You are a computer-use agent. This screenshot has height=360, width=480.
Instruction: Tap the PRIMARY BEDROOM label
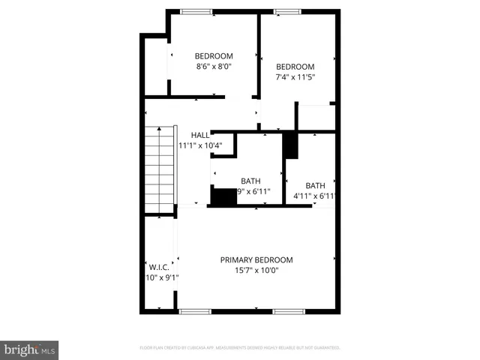coord(256,260)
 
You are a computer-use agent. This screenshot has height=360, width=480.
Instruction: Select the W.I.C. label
coord(158,266)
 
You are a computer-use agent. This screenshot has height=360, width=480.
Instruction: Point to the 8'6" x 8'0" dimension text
coord(214,66)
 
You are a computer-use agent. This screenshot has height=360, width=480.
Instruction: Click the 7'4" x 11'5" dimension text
coord(295,76)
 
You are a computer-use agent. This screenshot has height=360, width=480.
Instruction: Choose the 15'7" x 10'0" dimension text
coord(256,271)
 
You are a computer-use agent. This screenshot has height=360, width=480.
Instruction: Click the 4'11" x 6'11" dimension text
coord(313,196)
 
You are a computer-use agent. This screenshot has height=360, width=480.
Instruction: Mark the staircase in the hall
coord(160,169)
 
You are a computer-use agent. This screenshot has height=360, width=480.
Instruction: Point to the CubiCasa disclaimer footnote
coord(240,348)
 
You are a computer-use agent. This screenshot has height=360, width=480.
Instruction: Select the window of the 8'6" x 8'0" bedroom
coord(196,11)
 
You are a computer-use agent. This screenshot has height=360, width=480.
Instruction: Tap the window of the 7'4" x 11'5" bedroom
coord(286,11)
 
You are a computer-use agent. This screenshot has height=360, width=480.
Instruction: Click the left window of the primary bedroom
coord(195,311)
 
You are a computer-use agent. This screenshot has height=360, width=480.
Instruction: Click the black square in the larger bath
coord(223,196)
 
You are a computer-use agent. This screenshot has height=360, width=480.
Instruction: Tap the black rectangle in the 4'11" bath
coord(290,145)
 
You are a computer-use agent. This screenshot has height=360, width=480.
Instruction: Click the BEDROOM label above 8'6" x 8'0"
coord(214,56)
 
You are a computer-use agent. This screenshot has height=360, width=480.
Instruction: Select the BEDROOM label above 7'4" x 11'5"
coord(295,66)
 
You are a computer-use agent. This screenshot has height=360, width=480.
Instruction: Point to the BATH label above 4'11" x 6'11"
coord(315,186)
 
